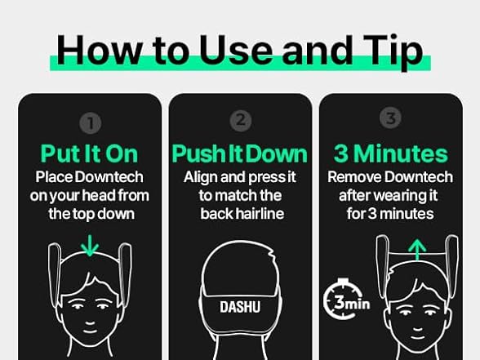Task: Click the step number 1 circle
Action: click(91, 124)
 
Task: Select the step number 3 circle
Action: click(390, 118)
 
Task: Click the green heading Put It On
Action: click(90, 153)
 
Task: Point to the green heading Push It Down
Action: click(240, 153)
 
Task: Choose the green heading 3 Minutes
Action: click(390, 153)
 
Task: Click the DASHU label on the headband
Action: click(240, 308)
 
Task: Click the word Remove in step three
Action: click(352, 176)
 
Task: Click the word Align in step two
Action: click(202, 176)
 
